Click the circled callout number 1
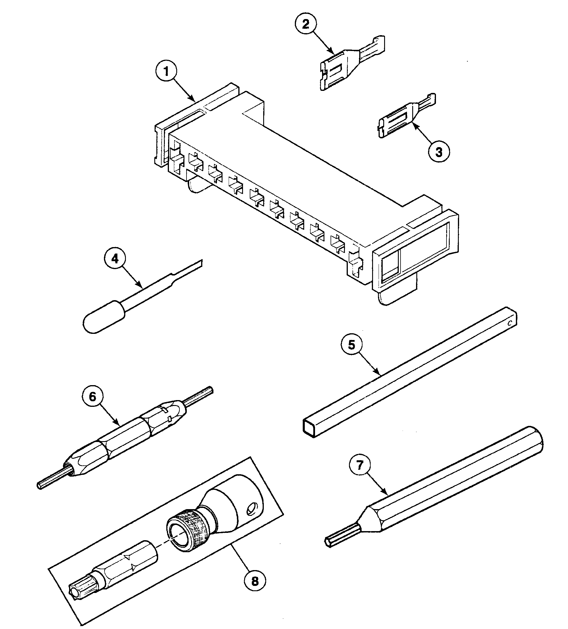coord(166,72)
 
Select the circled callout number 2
coord(305,24)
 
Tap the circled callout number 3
coord(439,152)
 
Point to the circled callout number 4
coord(115,258)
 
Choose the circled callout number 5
coord(351,345)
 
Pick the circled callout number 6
coord(93,397)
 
